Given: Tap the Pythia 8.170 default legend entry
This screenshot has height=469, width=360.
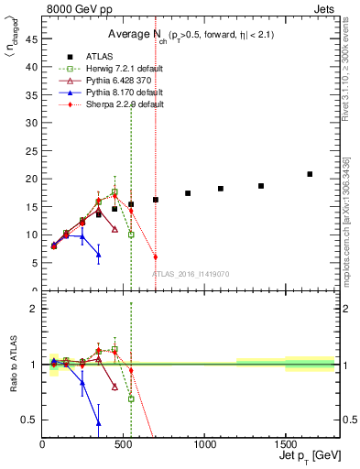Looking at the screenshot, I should click(x=122, y=93).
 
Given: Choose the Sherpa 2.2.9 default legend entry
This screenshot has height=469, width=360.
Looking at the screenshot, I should click(x=120, y=104).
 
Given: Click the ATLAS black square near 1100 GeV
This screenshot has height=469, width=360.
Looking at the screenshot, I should click(x=220, y=189).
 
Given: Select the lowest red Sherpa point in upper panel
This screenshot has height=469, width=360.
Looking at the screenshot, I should click(x=155, y=257).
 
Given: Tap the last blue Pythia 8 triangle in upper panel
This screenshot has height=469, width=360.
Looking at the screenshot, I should click(x=98, y=255).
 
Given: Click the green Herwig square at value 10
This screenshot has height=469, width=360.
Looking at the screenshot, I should click(x=131, y=234).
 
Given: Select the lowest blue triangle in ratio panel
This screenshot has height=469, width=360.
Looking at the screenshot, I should click(x=98, y=422).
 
